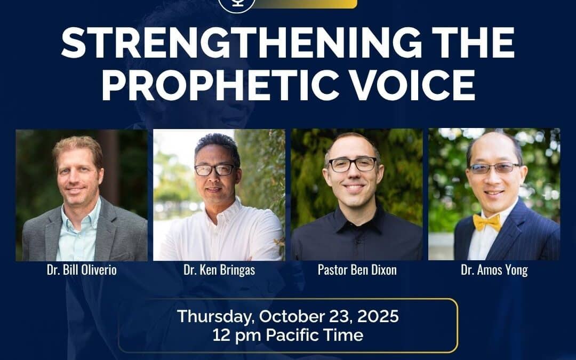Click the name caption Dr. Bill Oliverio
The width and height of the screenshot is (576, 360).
(x=82, y=270)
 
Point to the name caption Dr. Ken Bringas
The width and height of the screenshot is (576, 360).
(x=219, y=270)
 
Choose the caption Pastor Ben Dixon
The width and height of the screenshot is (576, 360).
(x=357, y=270)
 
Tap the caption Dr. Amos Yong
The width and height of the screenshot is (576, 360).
(x=494, y=270)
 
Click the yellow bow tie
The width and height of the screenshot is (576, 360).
(x=487, y=222)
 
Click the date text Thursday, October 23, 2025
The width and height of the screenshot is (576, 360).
(x=288, y=316)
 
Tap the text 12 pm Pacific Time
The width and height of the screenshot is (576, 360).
(x=288, y=335)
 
